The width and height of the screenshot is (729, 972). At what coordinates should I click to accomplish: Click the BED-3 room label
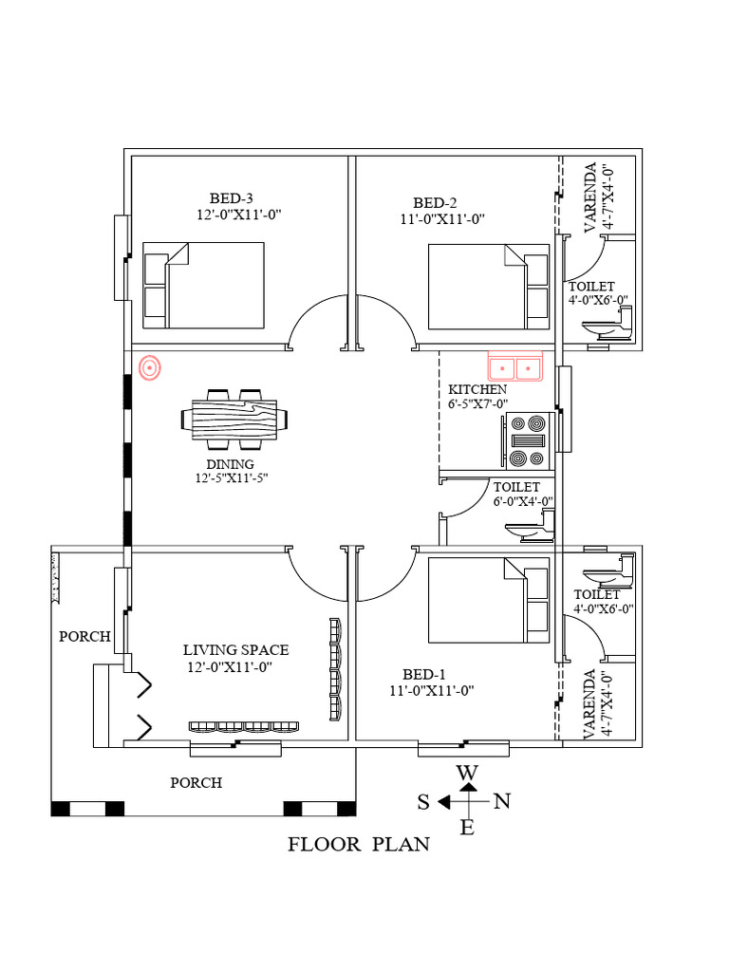pyautogui.click(x=232, y=198)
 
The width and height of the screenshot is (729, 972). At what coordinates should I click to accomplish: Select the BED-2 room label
pyautogui.click(x=435, y=202)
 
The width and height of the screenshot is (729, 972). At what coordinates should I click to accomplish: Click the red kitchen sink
pyautogui.click(x=514, y=365)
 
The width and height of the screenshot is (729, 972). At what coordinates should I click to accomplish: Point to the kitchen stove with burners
pyautogui.click(x=529, y=441)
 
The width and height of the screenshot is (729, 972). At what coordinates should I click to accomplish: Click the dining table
pyautogui.click(x=234, y=419)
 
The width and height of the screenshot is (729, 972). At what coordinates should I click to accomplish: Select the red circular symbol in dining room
pyautogui.click(x=149, y=366)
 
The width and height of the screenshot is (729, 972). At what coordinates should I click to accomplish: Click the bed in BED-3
pyautogui.click(x=203, y=286)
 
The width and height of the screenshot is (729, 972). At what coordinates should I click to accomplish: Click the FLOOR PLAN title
pyautogui.click(x=359, y=844)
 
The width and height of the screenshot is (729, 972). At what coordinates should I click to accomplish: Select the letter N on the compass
pyautogui.click(x=502, y=802)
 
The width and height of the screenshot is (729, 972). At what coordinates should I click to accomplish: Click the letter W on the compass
pyautogui.click(x=467, y=773)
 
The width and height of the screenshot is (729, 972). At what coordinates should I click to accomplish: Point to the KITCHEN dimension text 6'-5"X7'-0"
pyautogui.click(x=478, y=403)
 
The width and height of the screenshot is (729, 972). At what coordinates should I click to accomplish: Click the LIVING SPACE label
pyautogui.click(x=235, y=650)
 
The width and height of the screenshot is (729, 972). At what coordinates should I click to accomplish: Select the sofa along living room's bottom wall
pyautogui.click(x=245, y=727)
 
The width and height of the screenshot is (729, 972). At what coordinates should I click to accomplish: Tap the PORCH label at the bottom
pyautogui.click(x=196, y=783)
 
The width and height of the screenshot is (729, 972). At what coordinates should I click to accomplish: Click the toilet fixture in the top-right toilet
pyautogui.click(x=607, y=328)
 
